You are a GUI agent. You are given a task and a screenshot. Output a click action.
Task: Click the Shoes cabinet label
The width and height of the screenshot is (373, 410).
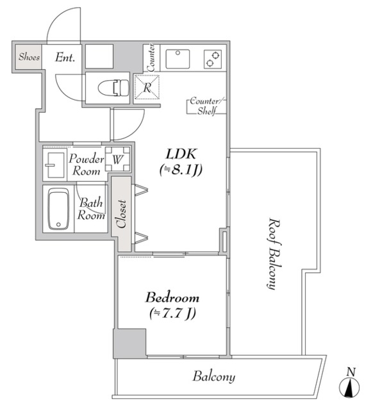29,57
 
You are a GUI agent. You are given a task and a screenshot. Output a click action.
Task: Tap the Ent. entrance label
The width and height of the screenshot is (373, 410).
65,57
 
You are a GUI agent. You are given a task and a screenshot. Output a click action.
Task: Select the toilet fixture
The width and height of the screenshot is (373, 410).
113,88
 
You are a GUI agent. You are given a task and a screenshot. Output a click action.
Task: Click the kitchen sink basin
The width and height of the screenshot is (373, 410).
178,59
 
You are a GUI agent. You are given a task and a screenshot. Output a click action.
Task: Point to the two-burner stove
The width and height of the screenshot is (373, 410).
213,59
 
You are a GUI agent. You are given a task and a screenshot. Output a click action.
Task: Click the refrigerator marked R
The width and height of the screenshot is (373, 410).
147,87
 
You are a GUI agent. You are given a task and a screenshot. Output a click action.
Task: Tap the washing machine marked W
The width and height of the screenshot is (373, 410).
117,159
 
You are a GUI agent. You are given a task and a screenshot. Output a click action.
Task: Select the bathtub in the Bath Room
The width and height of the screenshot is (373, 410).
58,209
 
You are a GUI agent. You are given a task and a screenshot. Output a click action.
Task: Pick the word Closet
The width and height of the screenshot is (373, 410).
121,214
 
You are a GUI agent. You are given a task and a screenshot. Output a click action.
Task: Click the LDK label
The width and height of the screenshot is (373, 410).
181,154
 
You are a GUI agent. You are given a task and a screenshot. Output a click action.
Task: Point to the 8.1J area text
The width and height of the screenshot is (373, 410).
181,170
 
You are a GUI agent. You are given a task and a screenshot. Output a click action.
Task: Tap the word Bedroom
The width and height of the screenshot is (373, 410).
172,298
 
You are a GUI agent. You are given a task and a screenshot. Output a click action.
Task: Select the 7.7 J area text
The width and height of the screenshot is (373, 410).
172,313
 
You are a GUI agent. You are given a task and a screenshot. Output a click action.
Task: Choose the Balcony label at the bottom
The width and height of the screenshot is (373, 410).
213,377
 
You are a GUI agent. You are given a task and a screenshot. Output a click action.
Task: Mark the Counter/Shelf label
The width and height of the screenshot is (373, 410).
206,106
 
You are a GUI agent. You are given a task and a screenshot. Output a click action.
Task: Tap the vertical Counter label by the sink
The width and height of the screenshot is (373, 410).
151,58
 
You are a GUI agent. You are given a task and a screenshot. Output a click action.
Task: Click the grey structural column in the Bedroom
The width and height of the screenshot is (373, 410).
129,343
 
